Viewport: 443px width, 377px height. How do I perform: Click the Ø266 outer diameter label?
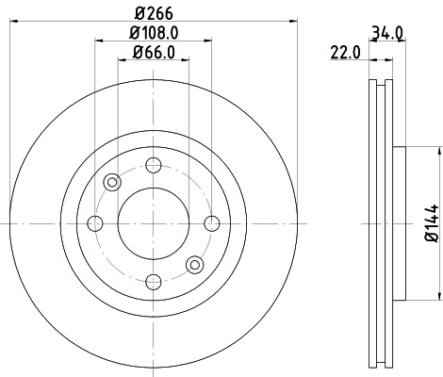click(152, 13)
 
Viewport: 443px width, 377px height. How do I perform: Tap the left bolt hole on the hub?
click(94, 222)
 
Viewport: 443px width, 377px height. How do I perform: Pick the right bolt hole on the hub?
click(211, 222)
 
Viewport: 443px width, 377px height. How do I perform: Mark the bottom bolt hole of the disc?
click(153, 281)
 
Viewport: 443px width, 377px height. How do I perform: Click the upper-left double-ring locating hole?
click(111, 182)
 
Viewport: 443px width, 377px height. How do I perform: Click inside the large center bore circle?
click(153, 222)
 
